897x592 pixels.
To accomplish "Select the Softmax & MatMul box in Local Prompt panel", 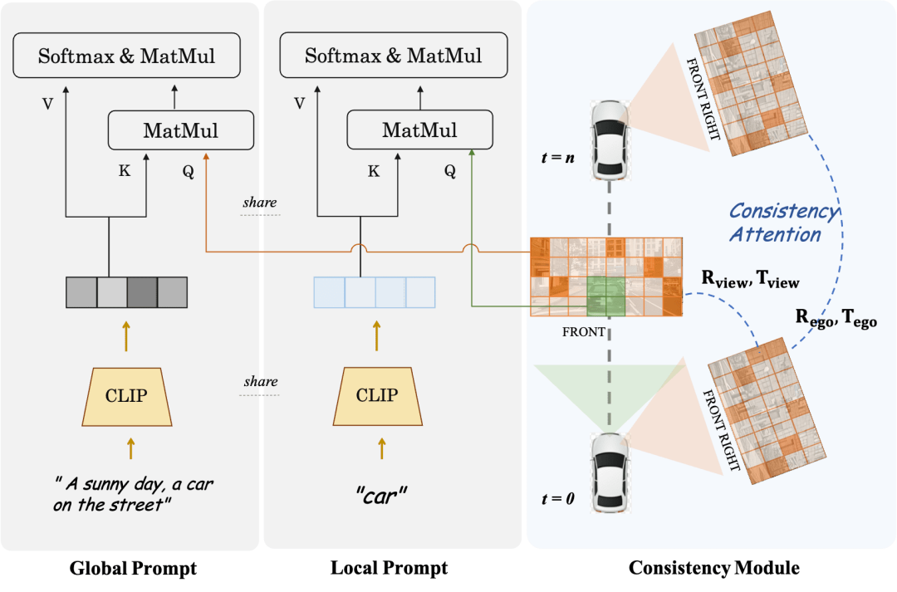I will [393, 56].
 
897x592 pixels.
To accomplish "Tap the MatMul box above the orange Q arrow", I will [180, 130].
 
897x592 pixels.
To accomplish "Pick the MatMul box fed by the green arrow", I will [419, 130].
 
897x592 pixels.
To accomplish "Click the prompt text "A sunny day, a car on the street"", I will [134, 494].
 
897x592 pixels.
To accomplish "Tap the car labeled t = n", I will [610, 139].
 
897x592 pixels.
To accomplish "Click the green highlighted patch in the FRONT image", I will [605, 296].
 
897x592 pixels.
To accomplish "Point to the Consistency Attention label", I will [782, 223].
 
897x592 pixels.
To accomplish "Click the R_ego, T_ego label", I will [836, 318].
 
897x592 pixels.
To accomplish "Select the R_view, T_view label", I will [750, 280].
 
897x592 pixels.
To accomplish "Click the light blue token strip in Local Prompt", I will [374, 292].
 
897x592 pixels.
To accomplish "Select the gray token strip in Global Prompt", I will [127, 292].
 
